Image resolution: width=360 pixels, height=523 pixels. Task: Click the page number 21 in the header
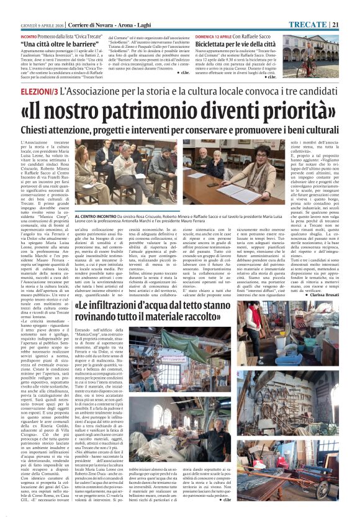point(352,7)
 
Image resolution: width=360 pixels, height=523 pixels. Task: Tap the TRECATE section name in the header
point(326,7)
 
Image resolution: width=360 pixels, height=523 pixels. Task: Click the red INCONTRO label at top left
point(19,20)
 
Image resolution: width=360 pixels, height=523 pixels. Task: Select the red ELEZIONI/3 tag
point(23,92)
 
